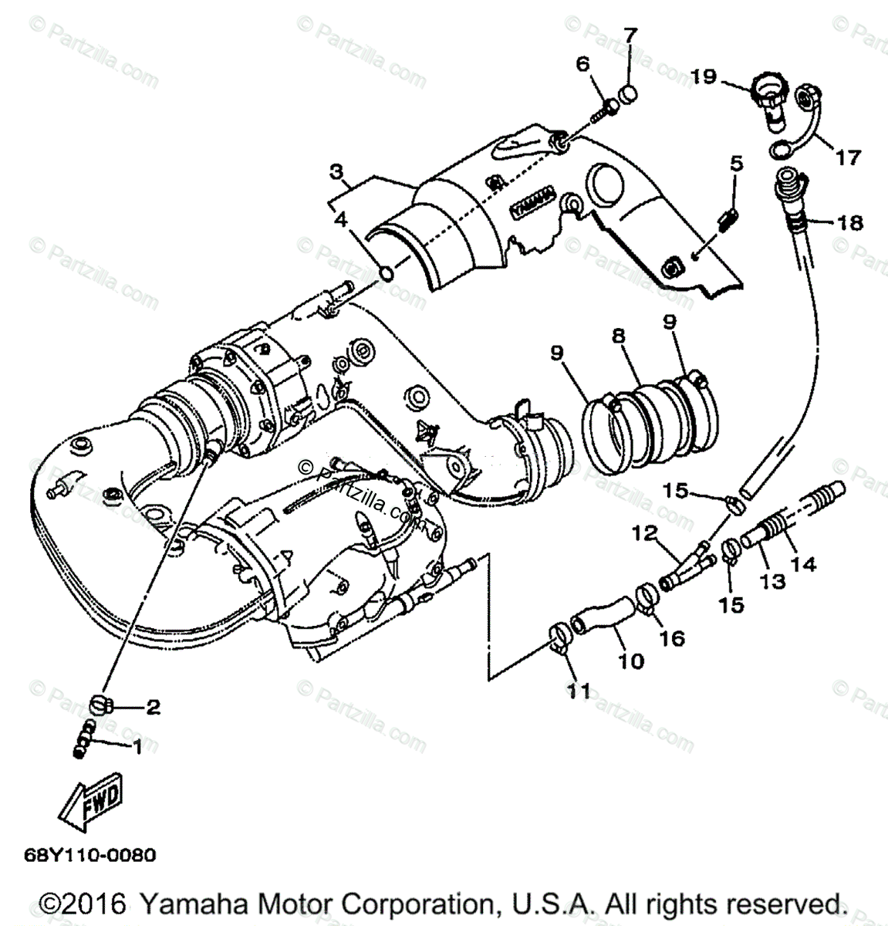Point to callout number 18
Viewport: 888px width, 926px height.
click(x=849, y=223)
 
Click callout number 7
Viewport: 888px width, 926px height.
click(x=630, y=35)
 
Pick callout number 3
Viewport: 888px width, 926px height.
click(x=336, y=171)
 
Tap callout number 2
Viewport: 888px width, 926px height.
click(x=153, y=706)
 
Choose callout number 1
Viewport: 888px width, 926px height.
click(x=137, y=746)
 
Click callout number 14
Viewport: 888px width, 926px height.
click(x=803, y=564)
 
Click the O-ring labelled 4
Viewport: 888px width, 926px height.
click(x=388, y=272)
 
